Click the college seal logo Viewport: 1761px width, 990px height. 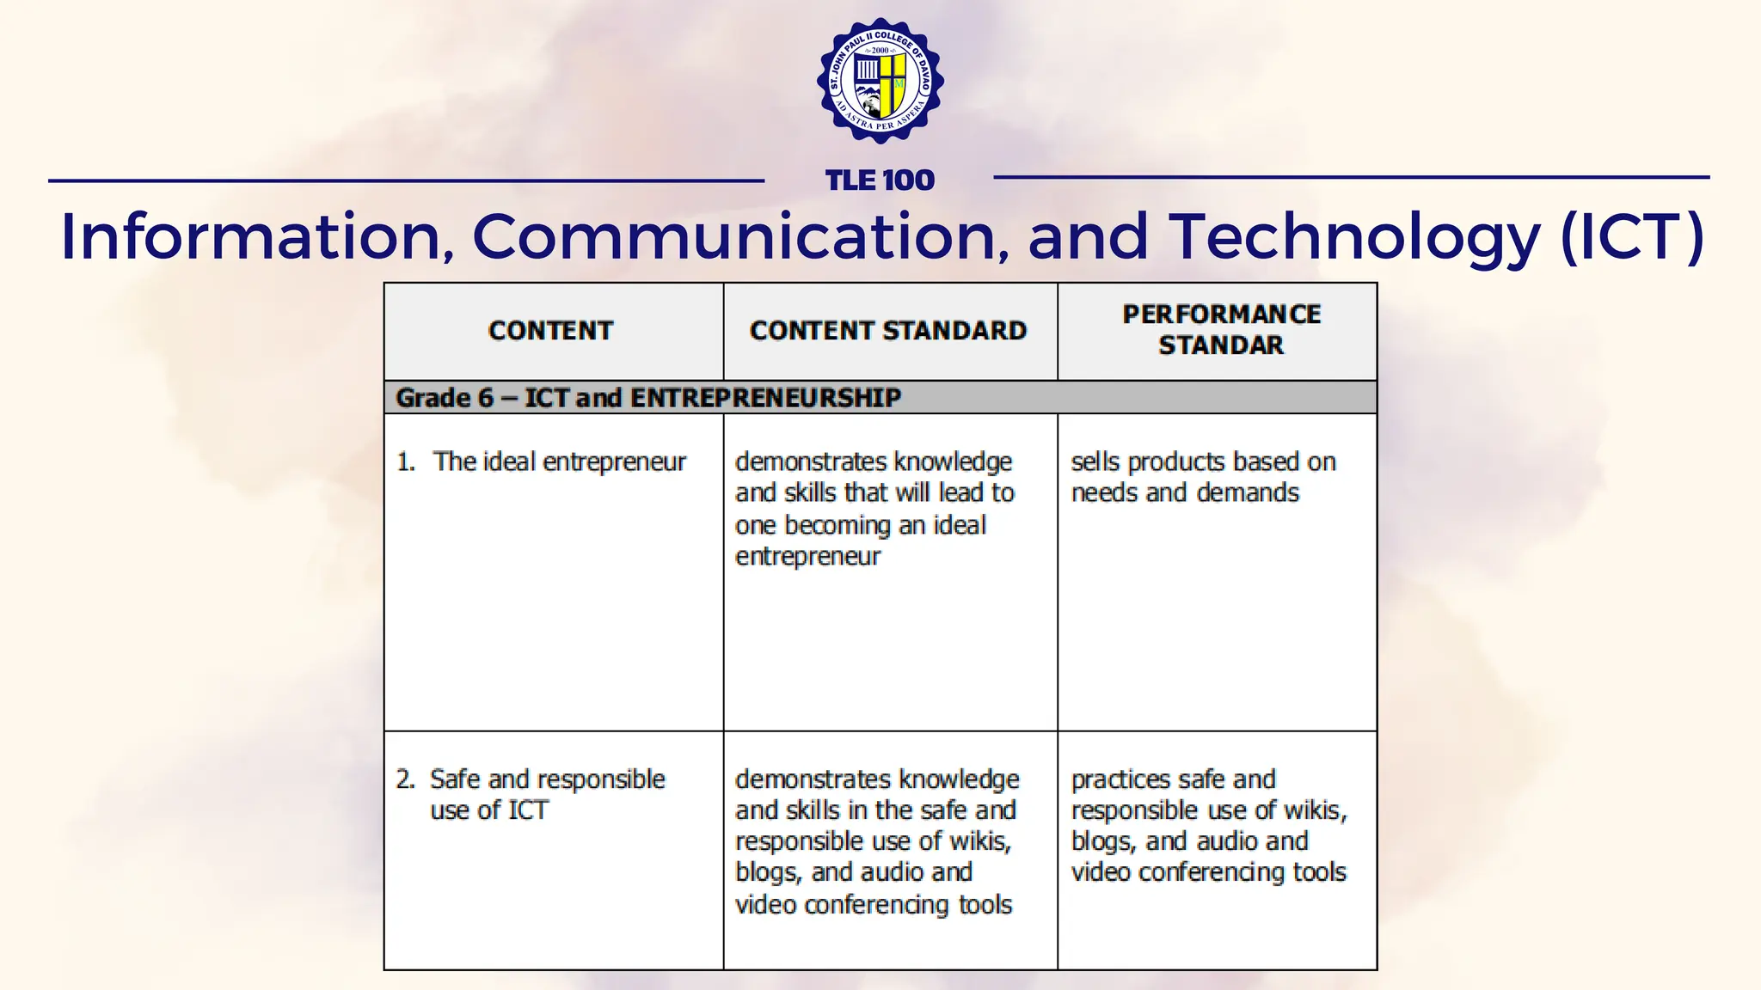(x=880, y=81)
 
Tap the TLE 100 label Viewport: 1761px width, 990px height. (x=880, y=180)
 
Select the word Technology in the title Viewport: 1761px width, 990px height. (x=1354, y=236)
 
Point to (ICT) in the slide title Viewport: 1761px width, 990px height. (x=1631, y=236)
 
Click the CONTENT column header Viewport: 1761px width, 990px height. (x=551, y=331)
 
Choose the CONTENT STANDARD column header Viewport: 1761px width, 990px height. (x=888, y=331)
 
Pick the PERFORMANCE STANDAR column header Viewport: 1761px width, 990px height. (x=1221, y=330)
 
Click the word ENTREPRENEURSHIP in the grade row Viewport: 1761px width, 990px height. (x=765, y=398)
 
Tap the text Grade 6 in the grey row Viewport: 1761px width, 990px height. (x=445, y=398)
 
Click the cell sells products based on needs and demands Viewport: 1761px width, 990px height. (x=1203, y=477)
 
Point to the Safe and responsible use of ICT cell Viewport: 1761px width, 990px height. (x=548, y=795)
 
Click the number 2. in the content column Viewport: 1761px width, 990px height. (x=405, y=779)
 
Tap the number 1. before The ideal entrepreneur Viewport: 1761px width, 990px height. (x=405, y=462)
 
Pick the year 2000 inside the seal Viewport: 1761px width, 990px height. (x=880, y=51)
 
